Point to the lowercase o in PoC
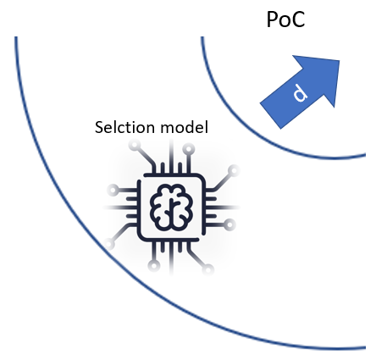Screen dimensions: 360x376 pyautogui.click(x=285, y=21)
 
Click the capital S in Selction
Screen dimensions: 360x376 pyautogui.click(x=98, y=129)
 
